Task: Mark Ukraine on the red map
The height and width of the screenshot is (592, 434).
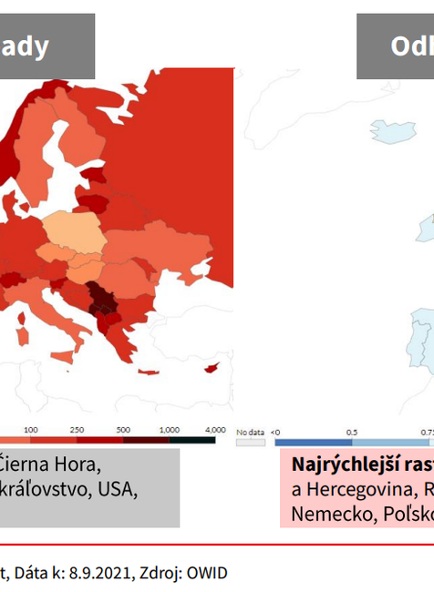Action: tap(141, 248)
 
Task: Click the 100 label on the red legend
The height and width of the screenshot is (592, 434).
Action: tap(31, 430)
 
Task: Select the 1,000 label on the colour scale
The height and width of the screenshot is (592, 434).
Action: tap(169, 430)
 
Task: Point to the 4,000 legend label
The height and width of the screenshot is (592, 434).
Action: tap(214, 430)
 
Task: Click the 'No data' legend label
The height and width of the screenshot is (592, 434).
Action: tap(250, 430)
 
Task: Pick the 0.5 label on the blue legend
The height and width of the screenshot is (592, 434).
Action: tap(351, 430)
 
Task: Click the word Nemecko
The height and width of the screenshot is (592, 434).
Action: tap(325, 514)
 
